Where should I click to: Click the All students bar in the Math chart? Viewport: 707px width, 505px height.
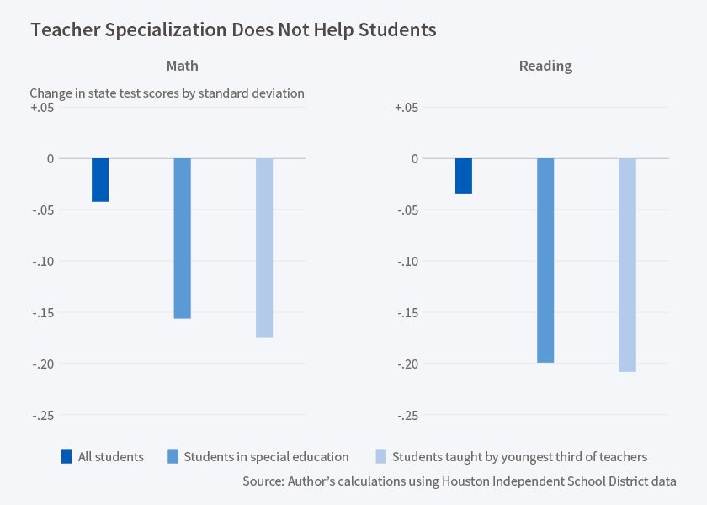pyautogui.click(x=100, y=180)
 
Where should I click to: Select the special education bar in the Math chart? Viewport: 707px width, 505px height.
pyautogui.click(x=182, y=238)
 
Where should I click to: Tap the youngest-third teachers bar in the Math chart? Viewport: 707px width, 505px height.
pyautogui.click(x=264, y=247)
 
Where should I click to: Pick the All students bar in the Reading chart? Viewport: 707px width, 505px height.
pyautogui.click(x=464, y=176)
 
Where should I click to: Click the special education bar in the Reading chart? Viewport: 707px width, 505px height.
pyautogui.click(x=545, y=260)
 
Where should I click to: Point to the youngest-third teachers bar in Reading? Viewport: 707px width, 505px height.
pyautogui.click(x=627, y=264)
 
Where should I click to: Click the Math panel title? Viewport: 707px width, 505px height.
pyautogui.click(x=182, y=66)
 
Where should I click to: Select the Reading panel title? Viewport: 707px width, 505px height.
pyautogui.click(x=545, y=66)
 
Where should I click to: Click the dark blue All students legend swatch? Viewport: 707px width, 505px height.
pyautogui.click(x=66, y=457)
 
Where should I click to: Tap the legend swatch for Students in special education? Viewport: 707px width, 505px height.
pyautogui.click(x=173, y=457)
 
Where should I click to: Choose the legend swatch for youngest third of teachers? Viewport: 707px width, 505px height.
pyautogui.click(x=380, y=457)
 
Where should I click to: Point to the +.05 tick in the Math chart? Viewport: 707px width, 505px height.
pyautogui.click(x=41, y=108)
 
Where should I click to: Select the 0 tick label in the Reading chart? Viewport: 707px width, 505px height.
pyautogui.click(x=414, y=158)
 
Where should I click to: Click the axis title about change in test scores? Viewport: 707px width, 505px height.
pyautogui.click(x=167, y=93)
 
